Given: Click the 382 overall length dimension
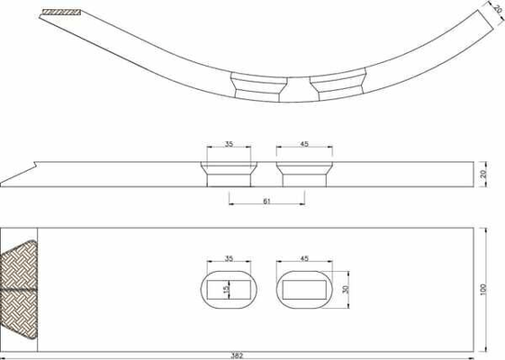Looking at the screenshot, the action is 237,356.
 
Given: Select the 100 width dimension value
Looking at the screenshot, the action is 483,290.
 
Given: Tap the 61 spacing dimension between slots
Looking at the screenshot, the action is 266,202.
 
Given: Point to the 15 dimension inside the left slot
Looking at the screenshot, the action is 227,290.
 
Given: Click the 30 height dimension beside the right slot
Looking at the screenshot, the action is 346,290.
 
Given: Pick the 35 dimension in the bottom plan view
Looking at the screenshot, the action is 229,258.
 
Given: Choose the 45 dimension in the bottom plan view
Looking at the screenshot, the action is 304,258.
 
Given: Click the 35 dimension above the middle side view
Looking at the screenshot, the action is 229,144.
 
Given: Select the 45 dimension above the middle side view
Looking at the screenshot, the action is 304,144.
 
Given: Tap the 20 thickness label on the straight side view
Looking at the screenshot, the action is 483,175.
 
